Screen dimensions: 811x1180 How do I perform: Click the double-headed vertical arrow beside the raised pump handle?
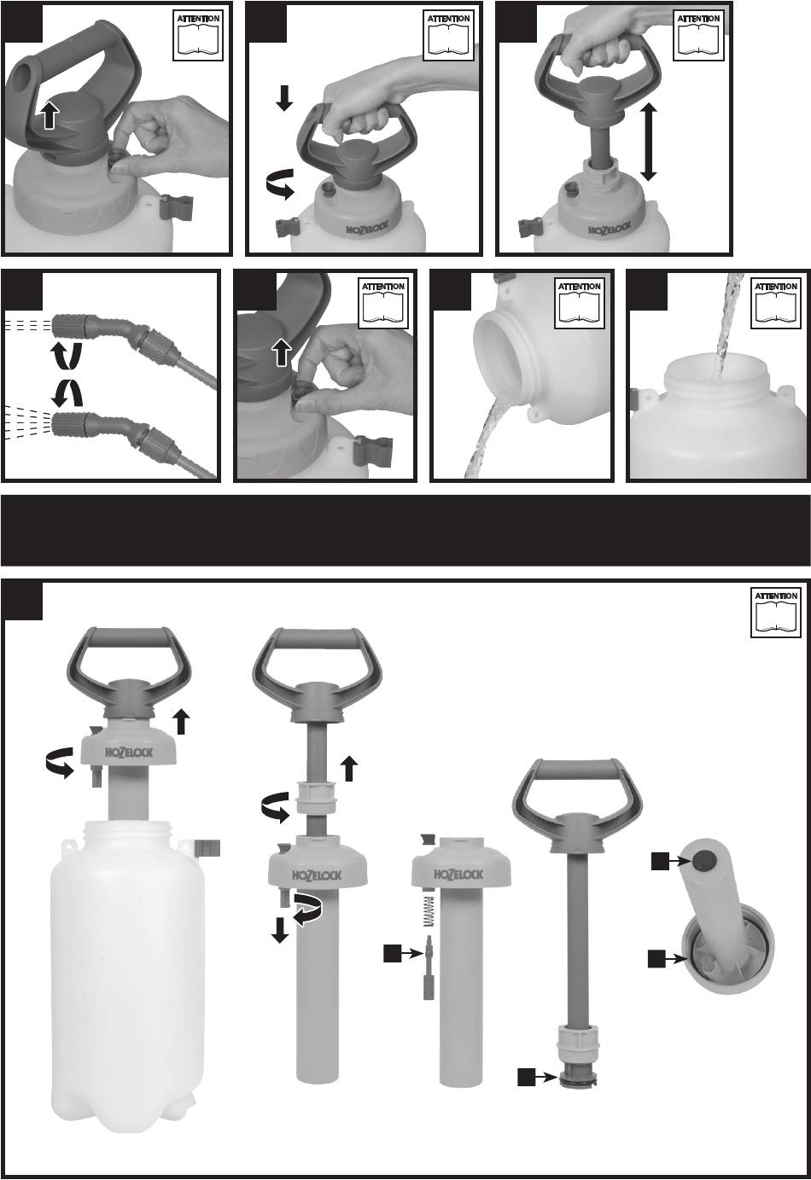[x=648, y=142]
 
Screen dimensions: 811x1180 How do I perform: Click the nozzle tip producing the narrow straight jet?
[x=65, y=327]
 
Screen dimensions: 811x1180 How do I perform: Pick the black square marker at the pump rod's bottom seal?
[x=527, y=1078]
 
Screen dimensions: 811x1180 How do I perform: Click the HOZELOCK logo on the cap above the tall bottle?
[x=129, y=753]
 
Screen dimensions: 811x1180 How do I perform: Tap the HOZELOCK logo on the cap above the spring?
[x=458, y=875]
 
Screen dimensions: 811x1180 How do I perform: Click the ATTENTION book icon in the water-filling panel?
[x=776, y=304]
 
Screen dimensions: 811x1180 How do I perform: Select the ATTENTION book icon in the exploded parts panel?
[x=776, y=613]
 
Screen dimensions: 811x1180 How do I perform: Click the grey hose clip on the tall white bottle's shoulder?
[x=207, y=847]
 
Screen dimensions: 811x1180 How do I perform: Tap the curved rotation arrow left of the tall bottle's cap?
[x=59, y=762]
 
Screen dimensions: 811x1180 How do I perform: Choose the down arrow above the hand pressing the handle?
[x=284, y=98]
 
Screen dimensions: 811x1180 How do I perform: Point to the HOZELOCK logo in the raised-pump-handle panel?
[x=610, y=230]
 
